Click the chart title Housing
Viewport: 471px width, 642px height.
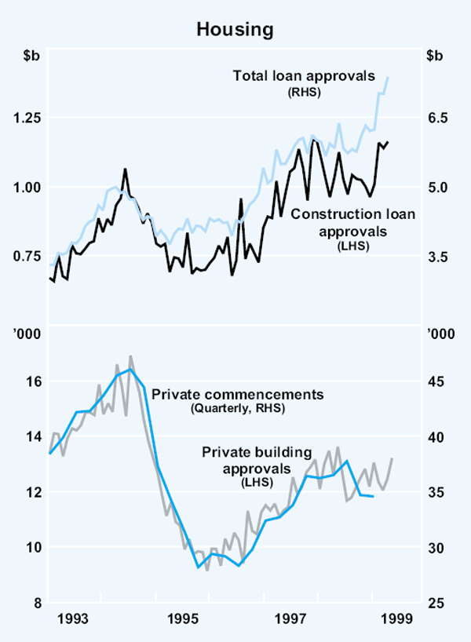[235, 30]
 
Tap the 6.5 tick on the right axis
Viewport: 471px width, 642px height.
[438, 118]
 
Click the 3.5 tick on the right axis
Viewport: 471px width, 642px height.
[438, 257]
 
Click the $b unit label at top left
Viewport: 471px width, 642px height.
[31, 57]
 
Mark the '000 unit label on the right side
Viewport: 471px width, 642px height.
[437, 334]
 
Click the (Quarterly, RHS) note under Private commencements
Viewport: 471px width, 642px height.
[237, 409]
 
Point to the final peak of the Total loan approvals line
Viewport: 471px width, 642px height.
[389, 76]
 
